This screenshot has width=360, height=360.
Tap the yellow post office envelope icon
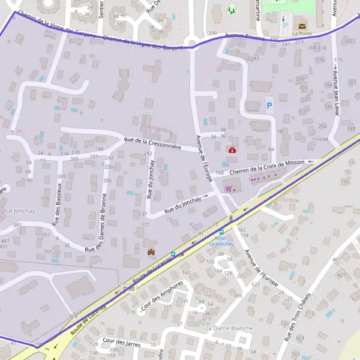pos(301,26)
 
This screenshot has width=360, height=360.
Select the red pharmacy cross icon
pos(231,149)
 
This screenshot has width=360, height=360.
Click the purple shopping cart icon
pos(228,188)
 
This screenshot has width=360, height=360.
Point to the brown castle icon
pos(151,252)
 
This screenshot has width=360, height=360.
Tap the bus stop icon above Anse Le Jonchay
pos(221,232)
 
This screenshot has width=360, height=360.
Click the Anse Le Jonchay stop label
pos(221,241)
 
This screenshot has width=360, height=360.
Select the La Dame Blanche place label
pos(229,328)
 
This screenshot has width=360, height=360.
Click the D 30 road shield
pos(126,289)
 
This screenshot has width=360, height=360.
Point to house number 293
pos(254,59)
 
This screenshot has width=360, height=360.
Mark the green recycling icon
pos(232,9)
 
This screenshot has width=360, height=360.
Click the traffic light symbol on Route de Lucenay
pos(231,218)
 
